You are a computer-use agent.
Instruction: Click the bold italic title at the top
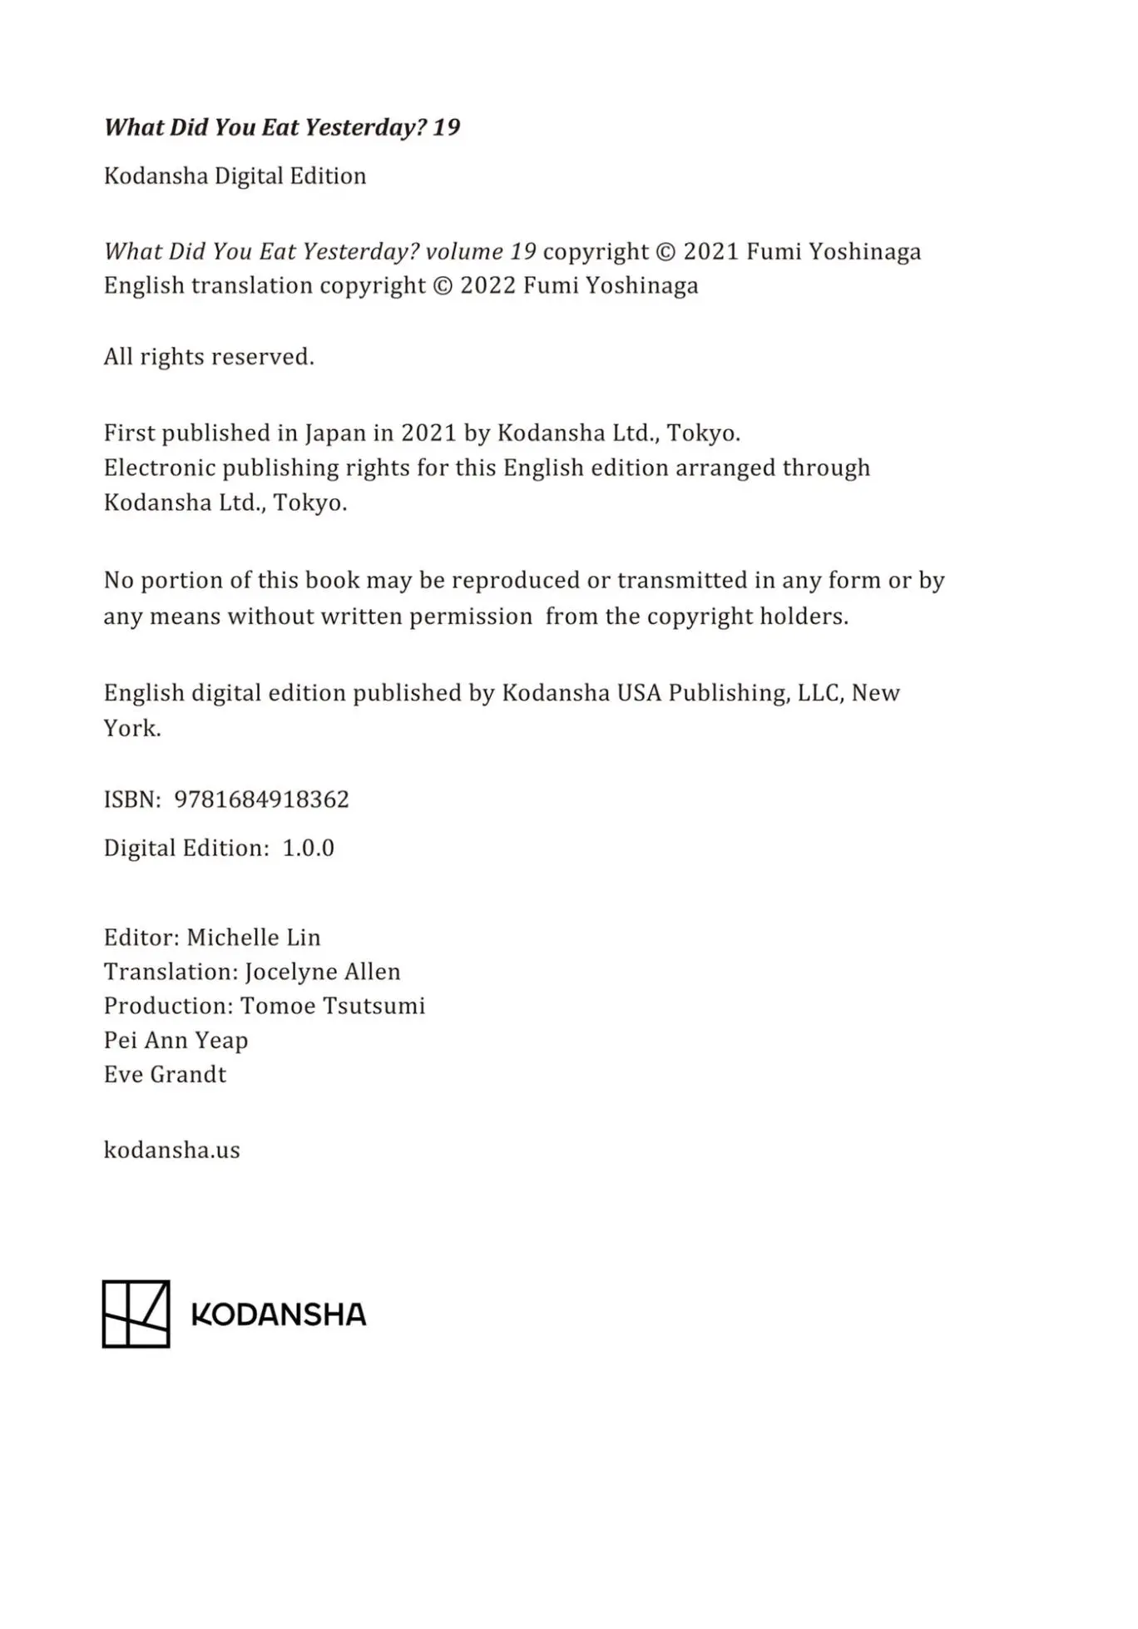[281, 127]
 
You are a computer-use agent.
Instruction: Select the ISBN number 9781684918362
[261, 800]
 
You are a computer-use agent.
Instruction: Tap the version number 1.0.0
[308, 848]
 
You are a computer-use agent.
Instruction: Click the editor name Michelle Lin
[253, 938]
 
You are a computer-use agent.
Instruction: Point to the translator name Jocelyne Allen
[322, 972]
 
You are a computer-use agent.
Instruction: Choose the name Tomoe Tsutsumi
[333, 1006]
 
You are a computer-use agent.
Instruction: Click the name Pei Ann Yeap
[176, 1040]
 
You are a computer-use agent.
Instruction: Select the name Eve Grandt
[165, 1074]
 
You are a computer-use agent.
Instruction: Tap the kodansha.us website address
[171, 1150]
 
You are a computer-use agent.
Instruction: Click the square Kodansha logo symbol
[136, 1314]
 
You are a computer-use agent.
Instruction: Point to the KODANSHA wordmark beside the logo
[279, 1315]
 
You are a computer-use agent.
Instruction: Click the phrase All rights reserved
[209, 357]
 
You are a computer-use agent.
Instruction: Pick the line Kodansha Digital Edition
[235, 176]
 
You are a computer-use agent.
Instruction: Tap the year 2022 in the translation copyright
[488, 285]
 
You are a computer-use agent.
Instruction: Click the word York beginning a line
[131, 728]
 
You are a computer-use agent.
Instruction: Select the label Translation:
[171, 972]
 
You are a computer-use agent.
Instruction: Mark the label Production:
[169, 1006]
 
